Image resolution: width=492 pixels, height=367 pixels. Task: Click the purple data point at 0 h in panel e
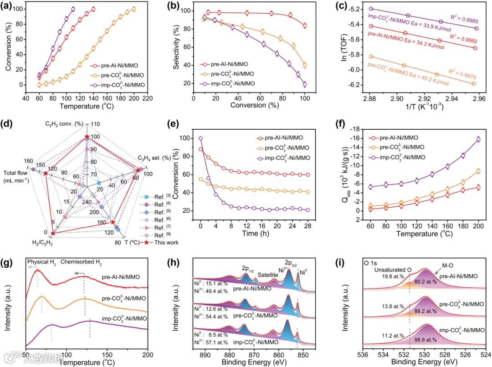point(200,138)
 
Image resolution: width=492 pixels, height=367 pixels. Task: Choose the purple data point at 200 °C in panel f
point(478,139)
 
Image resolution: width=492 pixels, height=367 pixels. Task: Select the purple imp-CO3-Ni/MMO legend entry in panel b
point(229,83)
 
